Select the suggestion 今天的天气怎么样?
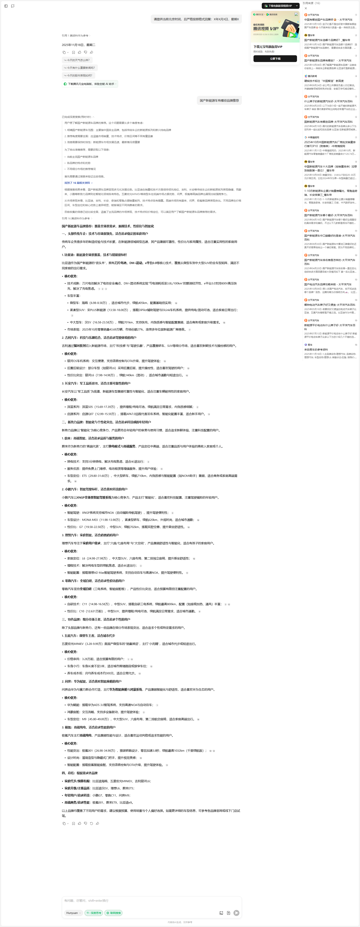coord(77,60)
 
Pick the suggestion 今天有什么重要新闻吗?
coord(79,68)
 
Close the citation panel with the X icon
coord(306,8)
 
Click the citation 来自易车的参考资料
coord(316,349)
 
